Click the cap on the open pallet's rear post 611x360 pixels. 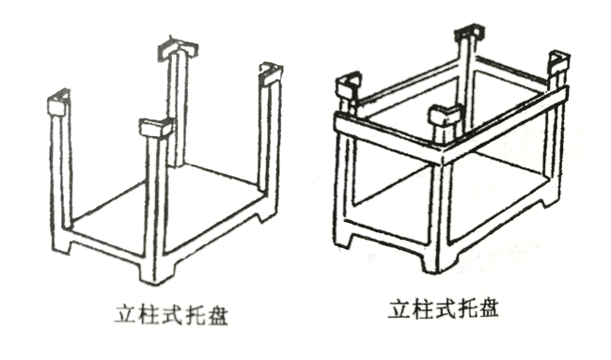(178, 49)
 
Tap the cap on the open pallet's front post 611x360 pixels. (155, 128)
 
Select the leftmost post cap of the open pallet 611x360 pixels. (59, 102)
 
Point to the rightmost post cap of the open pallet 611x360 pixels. (271, 73)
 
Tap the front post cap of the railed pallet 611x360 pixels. (445, 114)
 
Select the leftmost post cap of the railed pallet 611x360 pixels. (349, 85)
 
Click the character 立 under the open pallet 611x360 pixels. (126, 314)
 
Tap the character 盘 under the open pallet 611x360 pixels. (215, 314)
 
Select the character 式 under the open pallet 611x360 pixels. (171, 314)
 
